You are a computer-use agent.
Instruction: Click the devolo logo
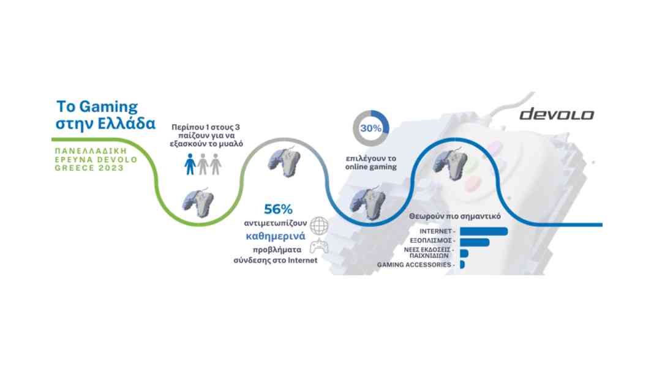click(x=557, y=114)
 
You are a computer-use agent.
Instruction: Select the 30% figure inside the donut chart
click(x=370, y=128)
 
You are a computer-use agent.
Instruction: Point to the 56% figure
click(x=278, y=209)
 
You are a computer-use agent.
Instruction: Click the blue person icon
click(x=190, y=164)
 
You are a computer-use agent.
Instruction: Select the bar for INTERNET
click(x=484, y=231)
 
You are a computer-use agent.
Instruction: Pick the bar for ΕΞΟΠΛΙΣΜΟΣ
click(x=475, y=242)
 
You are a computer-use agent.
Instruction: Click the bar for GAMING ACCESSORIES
click(x=462, y=264)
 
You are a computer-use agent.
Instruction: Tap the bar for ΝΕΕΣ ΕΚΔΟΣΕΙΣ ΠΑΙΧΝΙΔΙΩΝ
click(x=464, y=253)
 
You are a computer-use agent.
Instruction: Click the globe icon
click(x=319, y=226)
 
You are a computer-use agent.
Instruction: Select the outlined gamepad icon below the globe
click(x=318, y=246)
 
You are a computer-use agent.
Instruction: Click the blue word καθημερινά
click(x=276, y=236)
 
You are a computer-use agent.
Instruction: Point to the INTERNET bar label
click(x=435, y=231)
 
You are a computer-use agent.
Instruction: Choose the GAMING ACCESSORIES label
click(x=414, y=264)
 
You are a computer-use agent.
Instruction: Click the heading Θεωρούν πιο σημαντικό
click(x=454, y=216)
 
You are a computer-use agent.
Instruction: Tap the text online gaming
click(x=371, y=166)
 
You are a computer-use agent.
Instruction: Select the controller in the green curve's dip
click(x=198, y=202)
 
